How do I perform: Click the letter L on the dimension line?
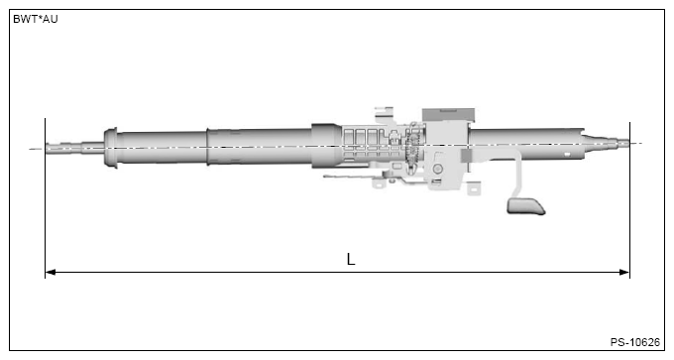click(x=350, y=260)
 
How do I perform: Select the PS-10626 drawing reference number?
click(x=634, y=342)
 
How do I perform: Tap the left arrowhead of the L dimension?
click(x=52, y=272)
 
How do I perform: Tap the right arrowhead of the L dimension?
click(x=623, y=272)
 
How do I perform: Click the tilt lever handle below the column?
click(x=526, y=205)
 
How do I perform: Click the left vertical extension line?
click(x=46, y=198)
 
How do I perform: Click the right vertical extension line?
click(x=629, y=198)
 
